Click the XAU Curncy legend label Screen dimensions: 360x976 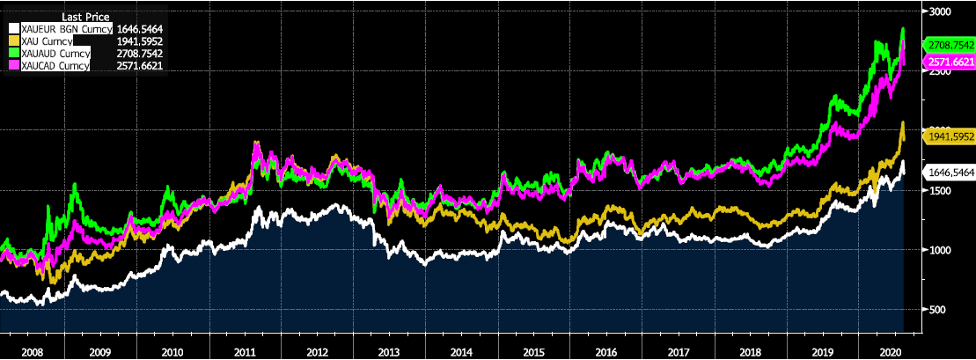pos(49,41)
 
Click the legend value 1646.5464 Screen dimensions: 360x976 pos(139,29)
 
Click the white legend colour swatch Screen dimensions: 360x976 pos(12,29)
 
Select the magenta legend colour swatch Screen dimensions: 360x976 pos(12,65)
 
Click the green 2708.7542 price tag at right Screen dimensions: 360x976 pos(949,44)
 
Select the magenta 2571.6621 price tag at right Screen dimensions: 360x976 pos(949,62)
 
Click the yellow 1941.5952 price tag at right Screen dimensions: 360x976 pos(949,136)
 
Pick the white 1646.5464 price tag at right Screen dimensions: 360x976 pos(949,173)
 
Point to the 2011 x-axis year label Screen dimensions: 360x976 pos(246,350)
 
